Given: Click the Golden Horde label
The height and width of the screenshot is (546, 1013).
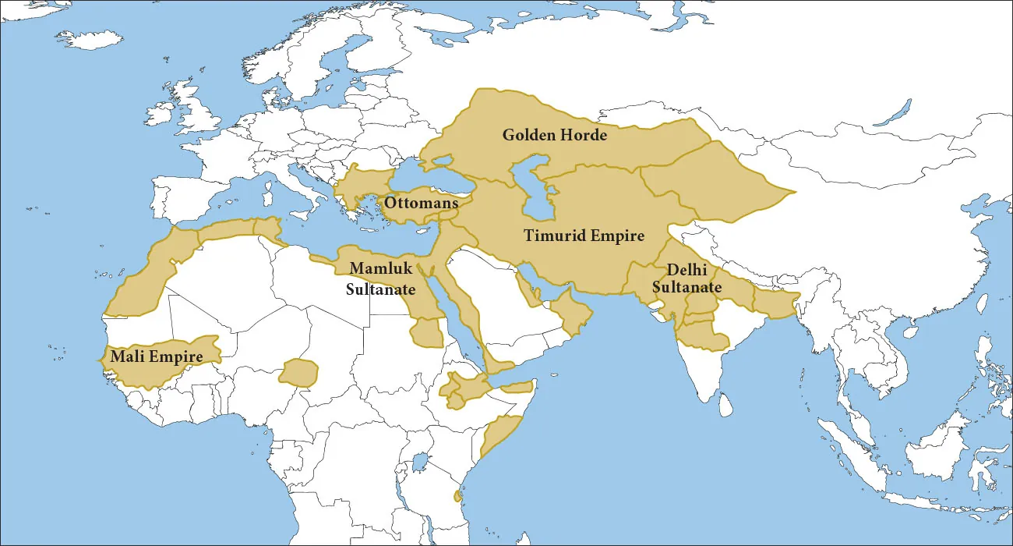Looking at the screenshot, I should [554, 135].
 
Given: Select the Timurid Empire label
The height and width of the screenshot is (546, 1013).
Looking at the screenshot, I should [584, 235].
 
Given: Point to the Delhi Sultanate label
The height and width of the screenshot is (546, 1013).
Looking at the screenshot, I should [687, 278].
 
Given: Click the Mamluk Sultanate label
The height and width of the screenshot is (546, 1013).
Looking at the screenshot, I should [380, 278].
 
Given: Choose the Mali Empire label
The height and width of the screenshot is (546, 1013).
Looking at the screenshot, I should [156, 356].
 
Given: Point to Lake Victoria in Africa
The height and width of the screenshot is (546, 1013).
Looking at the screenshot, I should [419, 463].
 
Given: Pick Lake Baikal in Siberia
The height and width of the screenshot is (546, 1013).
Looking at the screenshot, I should [893, 113].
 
